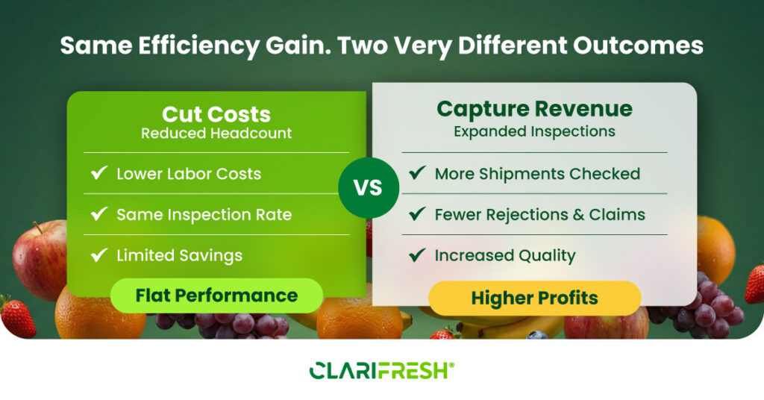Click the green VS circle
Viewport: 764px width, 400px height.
(x=369, y=187)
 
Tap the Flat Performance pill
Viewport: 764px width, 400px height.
(x=216, y=296)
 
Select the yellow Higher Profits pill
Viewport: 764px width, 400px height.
(x=534, y=298)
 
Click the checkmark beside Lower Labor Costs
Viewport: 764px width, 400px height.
(x=99, y=172)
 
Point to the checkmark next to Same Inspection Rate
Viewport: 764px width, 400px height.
(x=99, y=213)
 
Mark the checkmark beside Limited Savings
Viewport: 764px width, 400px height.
(x=99, y=254)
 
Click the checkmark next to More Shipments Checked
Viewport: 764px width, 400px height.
(x=417, y=172)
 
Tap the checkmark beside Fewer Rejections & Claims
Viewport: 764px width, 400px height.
(x=417, y=213)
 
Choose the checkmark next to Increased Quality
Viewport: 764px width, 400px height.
(x=417, y=254)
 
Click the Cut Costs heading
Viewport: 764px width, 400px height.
(x=216, y=114)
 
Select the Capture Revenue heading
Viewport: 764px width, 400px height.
(x=534, y=109)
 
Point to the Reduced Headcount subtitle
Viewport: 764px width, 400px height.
(x=216, y=133)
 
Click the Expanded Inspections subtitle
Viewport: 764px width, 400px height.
(x=534, y=131)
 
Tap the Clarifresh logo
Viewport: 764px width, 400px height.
(x=382, y=370)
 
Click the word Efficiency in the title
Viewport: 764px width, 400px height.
(x=198, y=46)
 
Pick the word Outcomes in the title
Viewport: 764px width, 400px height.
(x=638, y=46)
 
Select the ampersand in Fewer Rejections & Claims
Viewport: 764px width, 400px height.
(x=578, y=215)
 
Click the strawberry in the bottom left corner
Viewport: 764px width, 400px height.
(x=18, y=316)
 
